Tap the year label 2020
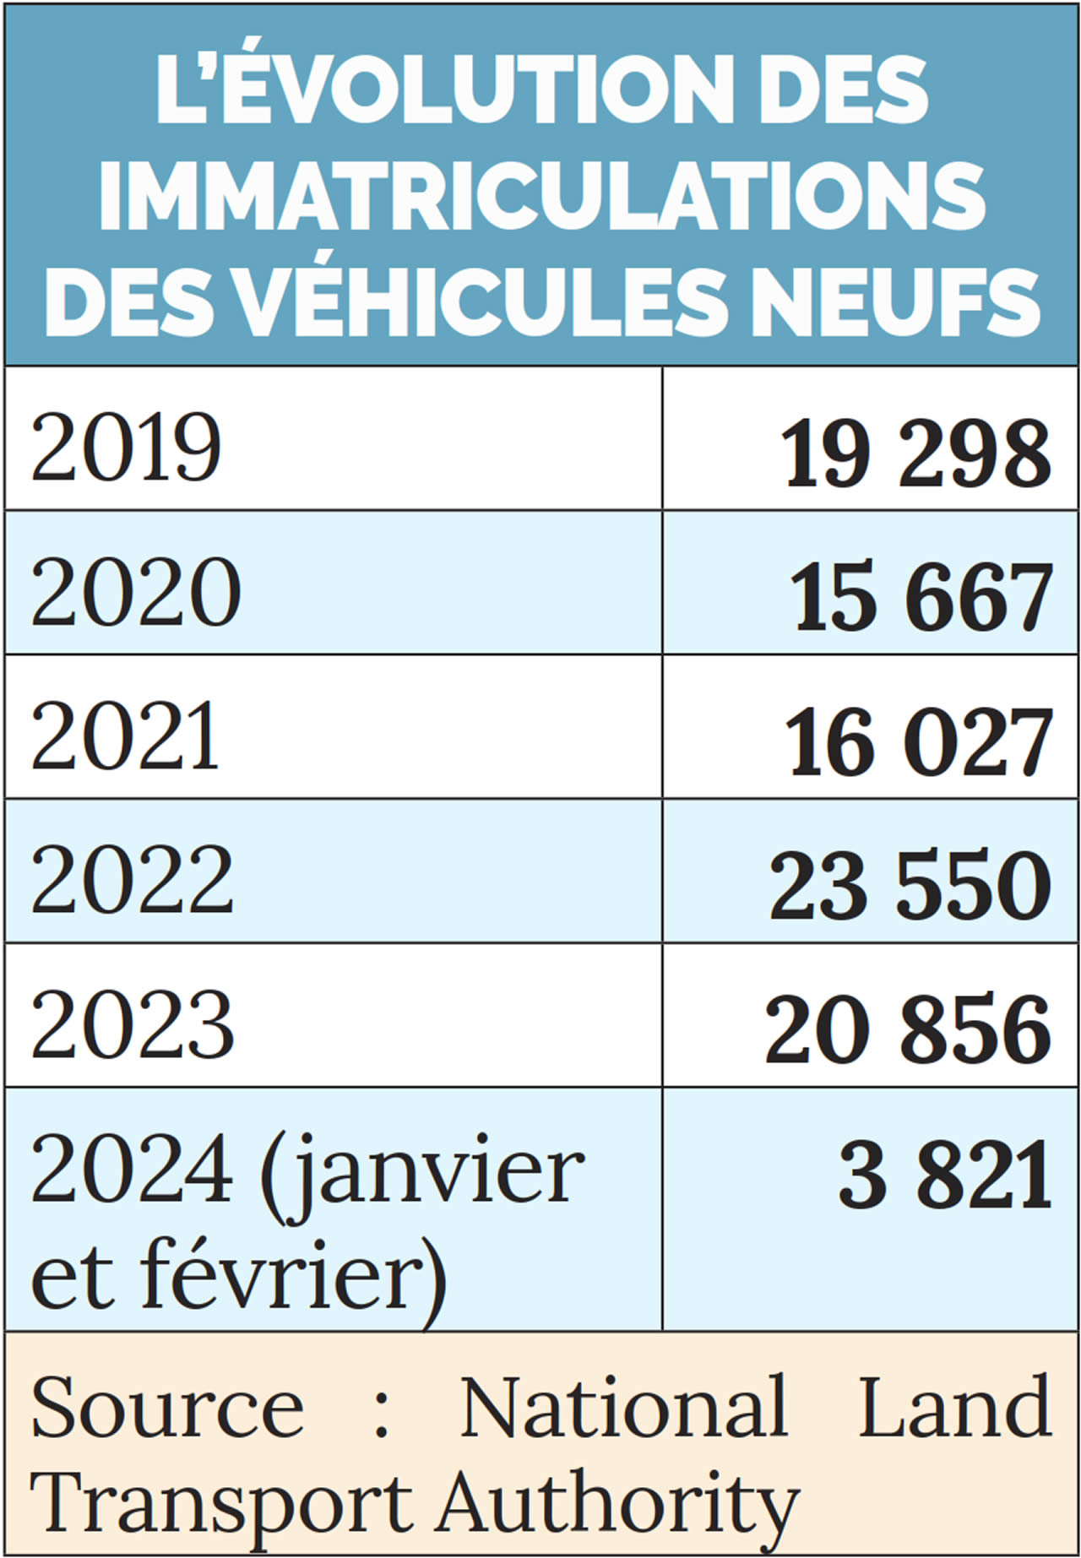[x=135, y=592]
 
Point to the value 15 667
[x=921, y=598]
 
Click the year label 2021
[x=125, y=736]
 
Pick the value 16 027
[x=918, y=742]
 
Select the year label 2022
[x=132, y=881]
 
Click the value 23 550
[x=910, y=886]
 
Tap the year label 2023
[x=132, y=1025]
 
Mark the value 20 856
[x=908, y=1030]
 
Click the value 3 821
[x=945, y=1175]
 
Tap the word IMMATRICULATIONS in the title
[x=541, y=195]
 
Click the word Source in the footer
[x=166, y=1408]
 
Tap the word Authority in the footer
[x=617, y=1506]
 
